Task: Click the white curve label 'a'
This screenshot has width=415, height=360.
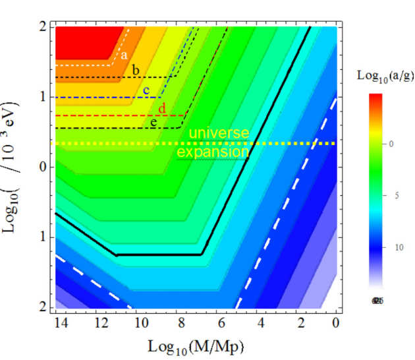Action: click(x=123, y=55)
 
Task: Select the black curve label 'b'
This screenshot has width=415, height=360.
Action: click(x=136, y=70)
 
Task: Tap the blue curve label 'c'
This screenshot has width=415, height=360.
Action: click(x=146, y=89)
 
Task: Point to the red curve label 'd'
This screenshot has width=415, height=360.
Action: click(x=162, y=107)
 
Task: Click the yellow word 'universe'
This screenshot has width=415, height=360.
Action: click(x=219, y=133)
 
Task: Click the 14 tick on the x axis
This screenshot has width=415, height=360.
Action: click(x=61, y=322)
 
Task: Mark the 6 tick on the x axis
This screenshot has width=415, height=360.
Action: click(x=220, y=322)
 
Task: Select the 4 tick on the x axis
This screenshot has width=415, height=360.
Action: click(x=260, y=322)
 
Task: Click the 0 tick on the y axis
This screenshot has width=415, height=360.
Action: click(x=43, y=167)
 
